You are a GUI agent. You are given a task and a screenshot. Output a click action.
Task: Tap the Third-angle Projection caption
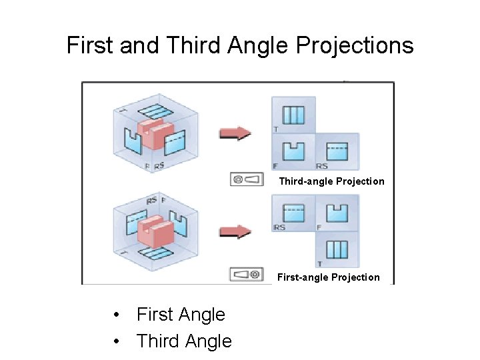[x=331, y=181]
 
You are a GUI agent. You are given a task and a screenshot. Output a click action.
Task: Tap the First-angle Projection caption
[x=329, y=277]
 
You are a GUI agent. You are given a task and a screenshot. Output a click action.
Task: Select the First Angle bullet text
[x=181, y=315]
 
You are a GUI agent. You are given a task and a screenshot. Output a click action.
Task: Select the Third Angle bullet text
[x=184, y=341]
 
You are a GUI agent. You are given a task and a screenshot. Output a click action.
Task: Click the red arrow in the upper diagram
[x=235, y=134]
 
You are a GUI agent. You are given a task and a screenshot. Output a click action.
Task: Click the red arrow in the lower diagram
[x=235, y=231]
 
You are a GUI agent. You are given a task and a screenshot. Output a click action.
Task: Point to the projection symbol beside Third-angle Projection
[x=246, y=179]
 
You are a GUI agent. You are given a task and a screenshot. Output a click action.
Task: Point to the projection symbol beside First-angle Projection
[x=246, y=274]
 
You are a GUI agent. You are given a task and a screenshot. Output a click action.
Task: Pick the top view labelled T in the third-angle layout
[x=293, y=115]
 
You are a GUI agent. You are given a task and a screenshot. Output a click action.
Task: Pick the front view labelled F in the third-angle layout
[x=293, y=151]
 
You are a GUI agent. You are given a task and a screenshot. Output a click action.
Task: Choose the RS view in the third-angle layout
[x=337, y=151]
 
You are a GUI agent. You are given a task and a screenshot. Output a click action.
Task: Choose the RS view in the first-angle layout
[x=293, y=213]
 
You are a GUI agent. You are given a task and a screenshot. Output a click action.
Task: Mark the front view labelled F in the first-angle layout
[x=337, y=213]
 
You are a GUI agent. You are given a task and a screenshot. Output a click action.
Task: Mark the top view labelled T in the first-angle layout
[x=337, y=249]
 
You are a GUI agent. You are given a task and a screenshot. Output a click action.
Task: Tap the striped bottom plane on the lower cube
[x=155, y=255]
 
